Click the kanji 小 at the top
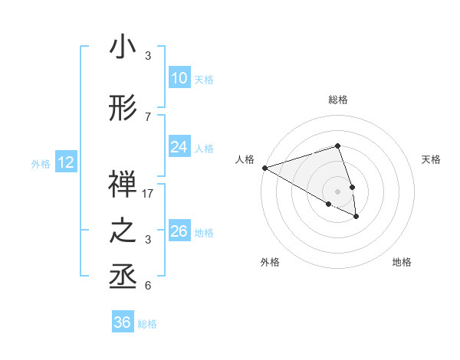pyautogui.click(x=123, y=48)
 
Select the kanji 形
pyautogui.click(x=123, y=110)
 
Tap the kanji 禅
pyautogui.click(x=123, y=186)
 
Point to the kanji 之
pyautogui.click(x=123, y=232)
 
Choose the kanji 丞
pyautogui.click(x=123, y=278)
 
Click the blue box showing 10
pyautogui.click(x=179, y=78)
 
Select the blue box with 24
pyautogui.click(x=179, y=147)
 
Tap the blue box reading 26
pyautogui.click(x=179, y=231)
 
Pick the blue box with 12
pyautogui.click(x=65, y=162)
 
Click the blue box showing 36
pyautogui.click(x=122, y=322)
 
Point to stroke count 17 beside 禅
pyautogui.click(x=148, y=194)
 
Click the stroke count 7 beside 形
pyautogui.click(x=148, y=116)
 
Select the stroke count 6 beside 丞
pyautogui.click(x=148, y=286)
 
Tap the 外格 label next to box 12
pyautogui.click(x=41, y=163)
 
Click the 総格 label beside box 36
pyautogui.click(x=147, y=324)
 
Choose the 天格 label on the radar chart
pyautogui.click(x=431, y=159)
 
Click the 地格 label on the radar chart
pyautogui.click(x=402, y=262)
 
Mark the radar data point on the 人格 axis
pyautogui.click(x=264, y=168)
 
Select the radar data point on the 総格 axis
pyautogui.click(x=337, y=146)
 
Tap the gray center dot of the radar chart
pyautogui.click(x=337, y=190)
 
